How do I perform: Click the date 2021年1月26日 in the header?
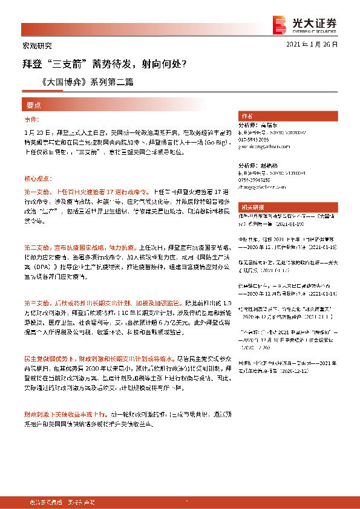tap(312, 45)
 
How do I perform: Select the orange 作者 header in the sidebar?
tap(247, 115)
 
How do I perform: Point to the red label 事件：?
tap(31, 120)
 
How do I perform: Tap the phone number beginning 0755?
tap(255, 180)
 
